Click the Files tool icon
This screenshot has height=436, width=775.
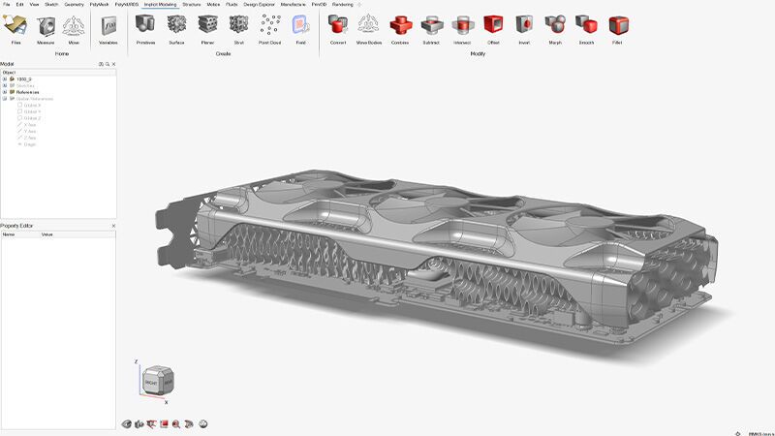point(16,26)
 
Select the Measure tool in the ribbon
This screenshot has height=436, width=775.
point(45,26)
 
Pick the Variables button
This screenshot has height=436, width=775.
point(108,26)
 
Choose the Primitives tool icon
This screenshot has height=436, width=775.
point(146,26)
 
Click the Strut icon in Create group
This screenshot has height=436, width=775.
point(237,26)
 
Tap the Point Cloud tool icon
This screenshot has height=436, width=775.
point(270,26)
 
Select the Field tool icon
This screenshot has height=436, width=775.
point(300,26)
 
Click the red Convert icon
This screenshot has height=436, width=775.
point(337,26)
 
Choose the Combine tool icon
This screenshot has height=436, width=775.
point(400,26)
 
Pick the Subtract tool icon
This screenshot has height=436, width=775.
point(431,26)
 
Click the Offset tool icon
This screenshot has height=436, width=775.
point(493,26)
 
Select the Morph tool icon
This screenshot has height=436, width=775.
point(554,26)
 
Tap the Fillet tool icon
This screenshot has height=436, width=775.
point(616,26)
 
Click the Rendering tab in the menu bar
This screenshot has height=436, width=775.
point(342,4)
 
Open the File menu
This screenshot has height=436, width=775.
point(6,4)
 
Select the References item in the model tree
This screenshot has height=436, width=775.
point(28,92)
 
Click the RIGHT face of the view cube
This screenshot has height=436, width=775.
point(150,384)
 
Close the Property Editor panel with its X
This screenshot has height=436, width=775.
point(113,226)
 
